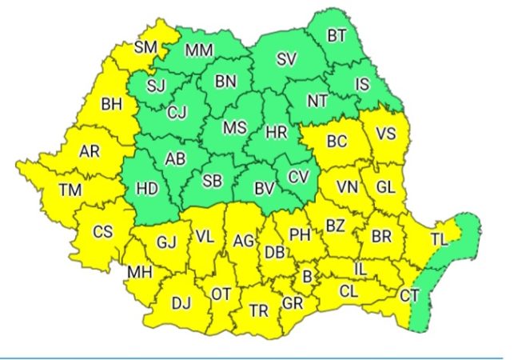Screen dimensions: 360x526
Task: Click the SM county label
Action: point(145,47)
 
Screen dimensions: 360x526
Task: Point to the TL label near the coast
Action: point(440,238)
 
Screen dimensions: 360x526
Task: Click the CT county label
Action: point(409,296)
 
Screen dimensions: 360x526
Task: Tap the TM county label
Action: point(70,190)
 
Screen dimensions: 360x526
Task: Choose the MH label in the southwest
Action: point(139,272)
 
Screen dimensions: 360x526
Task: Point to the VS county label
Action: point(385,134)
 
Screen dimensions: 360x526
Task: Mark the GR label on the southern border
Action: point(293,303)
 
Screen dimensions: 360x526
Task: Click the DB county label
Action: point(274,252)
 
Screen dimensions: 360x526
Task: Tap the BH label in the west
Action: point(110,102)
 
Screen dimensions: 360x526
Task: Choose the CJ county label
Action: point(177,113)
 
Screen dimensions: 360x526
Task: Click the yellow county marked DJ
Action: point(181,302)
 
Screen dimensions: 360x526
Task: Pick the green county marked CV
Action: point(297,175)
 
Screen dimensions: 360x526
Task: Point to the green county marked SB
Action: point(212,181)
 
